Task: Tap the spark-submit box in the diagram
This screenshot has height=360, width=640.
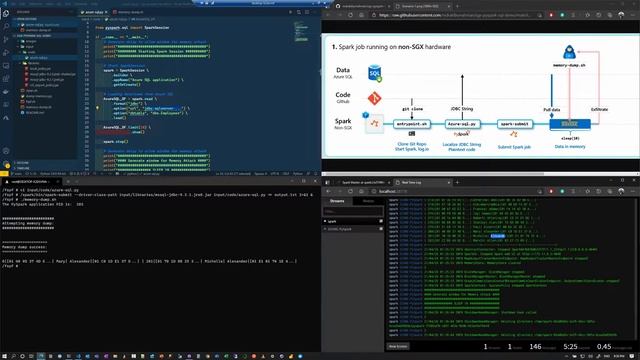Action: click(520, 122)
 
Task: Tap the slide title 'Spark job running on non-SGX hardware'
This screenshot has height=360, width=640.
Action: click(400, 46)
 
